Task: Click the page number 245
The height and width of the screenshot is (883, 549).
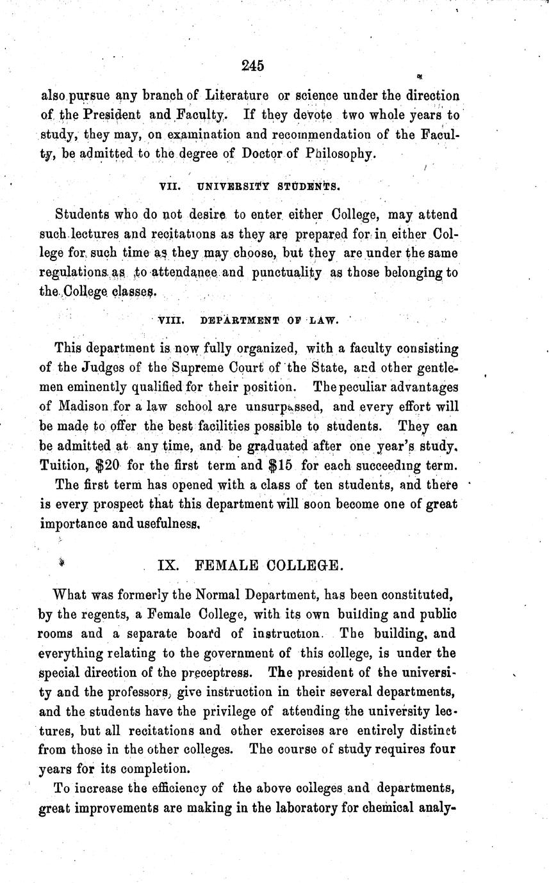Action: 254,65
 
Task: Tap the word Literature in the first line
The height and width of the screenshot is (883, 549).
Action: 236,96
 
